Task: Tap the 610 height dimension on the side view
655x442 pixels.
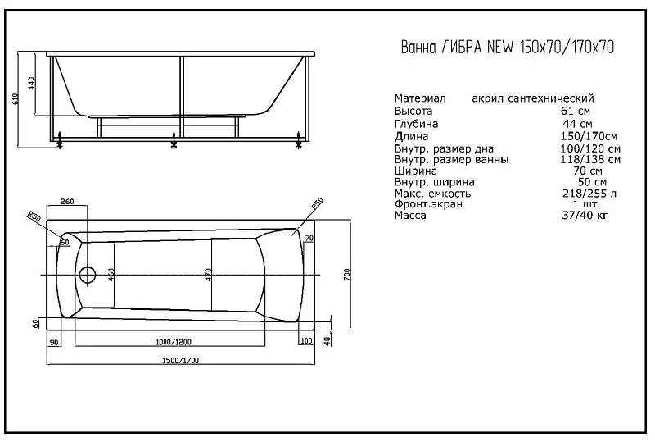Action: pos(16,100)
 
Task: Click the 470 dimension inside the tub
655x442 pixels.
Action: pos(210,274)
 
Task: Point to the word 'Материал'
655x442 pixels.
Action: pos(420,98)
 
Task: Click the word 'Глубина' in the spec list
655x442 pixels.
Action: pos(418,124)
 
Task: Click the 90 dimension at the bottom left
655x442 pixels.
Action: pos(54,340)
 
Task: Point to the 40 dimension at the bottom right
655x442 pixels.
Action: pos(326,340)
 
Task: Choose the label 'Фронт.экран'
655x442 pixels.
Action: pos(428,204)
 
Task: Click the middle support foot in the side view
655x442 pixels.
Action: pos(173,142)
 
